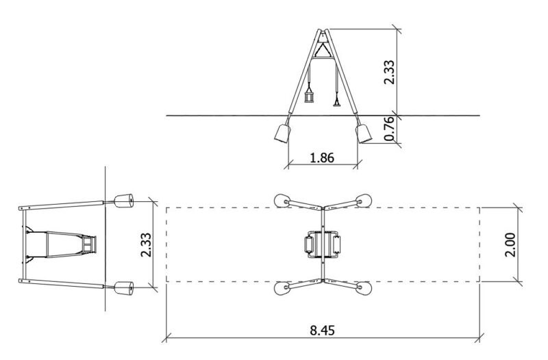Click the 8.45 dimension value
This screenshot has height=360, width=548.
[x=322, y=330]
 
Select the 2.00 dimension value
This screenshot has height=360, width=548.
[x=510, y=244]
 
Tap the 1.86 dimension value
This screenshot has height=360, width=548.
[x=322, y=158]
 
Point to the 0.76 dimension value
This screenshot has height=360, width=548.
[x=389, y=129]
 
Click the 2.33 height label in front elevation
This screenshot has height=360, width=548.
[x=389, y=73]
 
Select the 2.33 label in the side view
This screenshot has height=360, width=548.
[x=146, y=245]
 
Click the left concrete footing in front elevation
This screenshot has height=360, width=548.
[x=282, y=133]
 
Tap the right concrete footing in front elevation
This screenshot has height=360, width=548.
[x=364, y=133]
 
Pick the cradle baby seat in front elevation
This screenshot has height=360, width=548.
[x=310, y=96]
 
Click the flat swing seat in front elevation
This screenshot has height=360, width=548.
[x=337, y=103]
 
